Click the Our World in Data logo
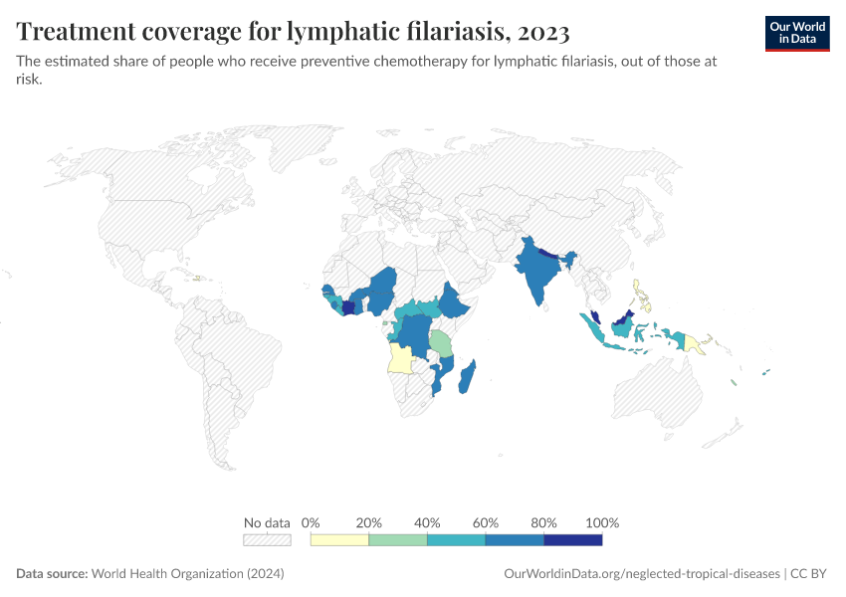[796, 33]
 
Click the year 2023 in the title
[543, 32]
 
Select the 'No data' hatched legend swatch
[267, 540]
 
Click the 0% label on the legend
[311, 522]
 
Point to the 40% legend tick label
[427, 522]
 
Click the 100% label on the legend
[602, 522]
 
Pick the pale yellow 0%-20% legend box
[339, 540]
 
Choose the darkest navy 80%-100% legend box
[573, 540]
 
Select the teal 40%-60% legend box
[456, 540]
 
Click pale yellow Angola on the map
[400, 358]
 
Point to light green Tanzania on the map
[441, 343]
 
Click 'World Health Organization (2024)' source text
[188, 574]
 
